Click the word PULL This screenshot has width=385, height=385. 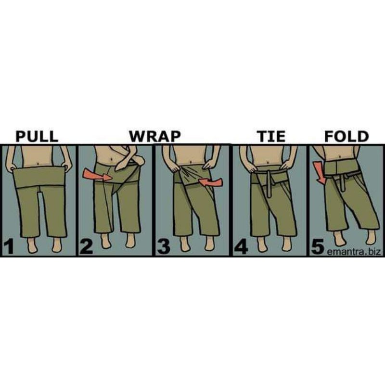point(37,136)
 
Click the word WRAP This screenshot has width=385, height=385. point(155,136)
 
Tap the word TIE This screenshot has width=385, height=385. point(271,136)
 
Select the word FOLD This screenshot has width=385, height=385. point(346,136)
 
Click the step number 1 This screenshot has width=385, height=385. point(9,246)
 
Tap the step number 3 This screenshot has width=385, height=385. point(164,246)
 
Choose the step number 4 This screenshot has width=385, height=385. point(241,246)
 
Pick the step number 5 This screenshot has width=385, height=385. point(318,246)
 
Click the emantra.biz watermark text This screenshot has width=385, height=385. point(354,252)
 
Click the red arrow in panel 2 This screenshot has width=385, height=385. point(98,175)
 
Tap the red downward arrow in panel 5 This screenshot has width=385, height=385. point(320,173)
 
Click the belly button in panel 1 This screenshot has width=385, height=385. point(38,163)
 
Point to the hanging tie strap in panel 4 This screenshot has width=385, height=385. point(269,185)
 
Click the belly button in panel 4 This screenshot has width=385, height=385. point(268,163)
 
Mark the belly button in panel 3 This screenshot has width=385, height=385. point(191,162)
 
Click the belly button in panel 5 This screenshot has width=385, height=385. point(340,157)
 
